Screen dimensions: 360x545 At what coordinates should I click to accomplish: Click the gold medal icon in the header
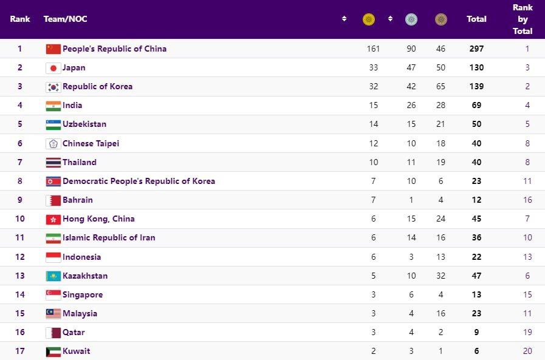(x=369, y=19)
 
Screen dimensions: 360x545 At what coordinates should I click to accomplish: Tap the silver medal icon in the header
(x=411, y=19)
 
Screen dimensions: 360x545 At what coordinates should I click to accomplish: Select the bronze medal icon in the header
(x=440, y=19)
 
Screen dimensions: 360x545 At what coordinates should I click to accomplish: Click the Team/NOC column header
(x=65, y=19)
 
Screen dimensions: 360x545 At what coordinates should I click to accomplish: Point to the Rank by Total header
(x=522, y=19)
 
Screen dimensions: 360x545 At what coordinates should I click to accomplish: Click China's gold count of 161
(x=373, y=49)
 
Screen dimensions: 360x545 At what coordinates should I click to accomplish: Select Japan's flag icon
(x=53, y=68)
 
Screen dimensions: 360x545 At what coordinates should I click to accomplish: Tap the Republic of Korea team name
(x=97, y=86)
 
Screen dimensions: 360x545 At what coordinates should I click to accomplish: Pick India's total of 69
(x=476, y=105)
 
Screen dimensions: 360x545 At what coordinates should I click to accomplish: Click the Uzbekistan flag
(x=53, y=124)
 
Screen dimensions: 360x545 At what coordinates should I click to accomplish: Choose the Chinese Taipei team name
(x=91, y=143)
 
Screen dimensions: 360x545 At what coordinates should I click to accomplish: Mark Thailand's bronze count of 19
(x=440, y=162)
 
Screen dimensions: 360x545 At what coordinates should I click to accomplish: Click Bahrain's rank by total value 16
(x=527, y=200)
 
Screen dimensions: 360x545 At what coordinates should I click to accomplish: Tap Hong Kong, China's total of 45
(x=476, y=219)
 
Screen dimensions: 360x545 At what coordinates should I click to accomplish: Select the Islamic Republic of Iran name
(x=109, y=237)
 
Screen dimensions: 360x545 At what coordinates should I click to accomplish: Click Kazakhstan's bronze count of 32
(x=440, y=276)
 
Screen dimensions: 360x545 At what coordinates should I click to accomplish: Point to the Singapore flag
(x=53, y=294)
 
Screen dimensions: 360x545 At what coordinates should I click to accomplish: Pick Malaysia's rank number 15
(x=19, y=313)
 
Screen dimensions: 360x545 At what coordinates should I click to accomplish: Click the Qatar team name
(x=74, y=332)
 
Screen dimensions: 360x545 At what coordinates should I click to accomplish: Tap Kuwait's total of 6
(x=476, y=351)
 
